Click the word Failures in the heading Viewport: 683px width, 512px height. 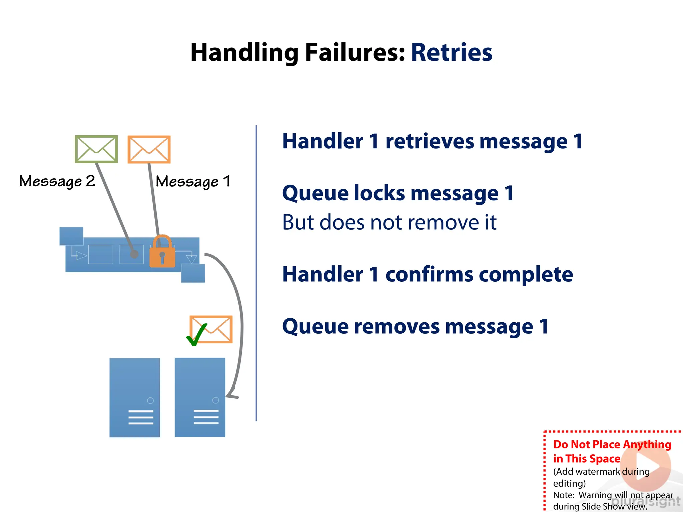point(355,53)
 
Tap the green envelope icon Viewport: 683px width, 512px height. point(96,149)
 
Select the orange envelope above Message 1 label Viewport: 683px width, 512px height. point(149,149)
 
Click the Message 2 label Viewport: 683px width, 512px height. point(57,181)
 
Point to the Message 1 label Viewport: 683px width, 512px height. point(193,182)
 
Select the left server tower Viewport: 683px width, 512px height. point(134,397)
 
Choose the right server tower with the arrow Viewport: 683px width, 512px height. point(200,397)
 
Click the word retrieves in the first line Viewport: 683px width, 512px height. point(430,141)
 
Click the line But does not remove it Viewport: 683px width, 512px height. point(389,222)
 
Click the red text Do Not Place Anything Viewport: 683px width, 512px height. point(612,444)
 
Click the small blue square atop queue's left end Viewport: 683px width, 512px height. point(71,236)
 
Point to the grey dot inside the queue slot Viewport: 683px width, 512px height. point(134,254)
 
